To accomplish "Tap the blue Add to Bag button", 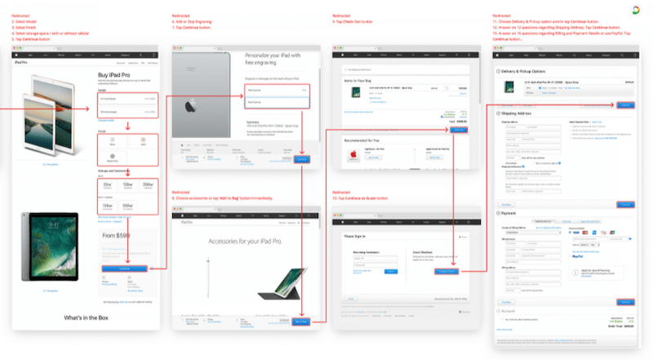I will (301, 322).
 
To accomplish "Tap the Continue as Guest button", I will (445, 270).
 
